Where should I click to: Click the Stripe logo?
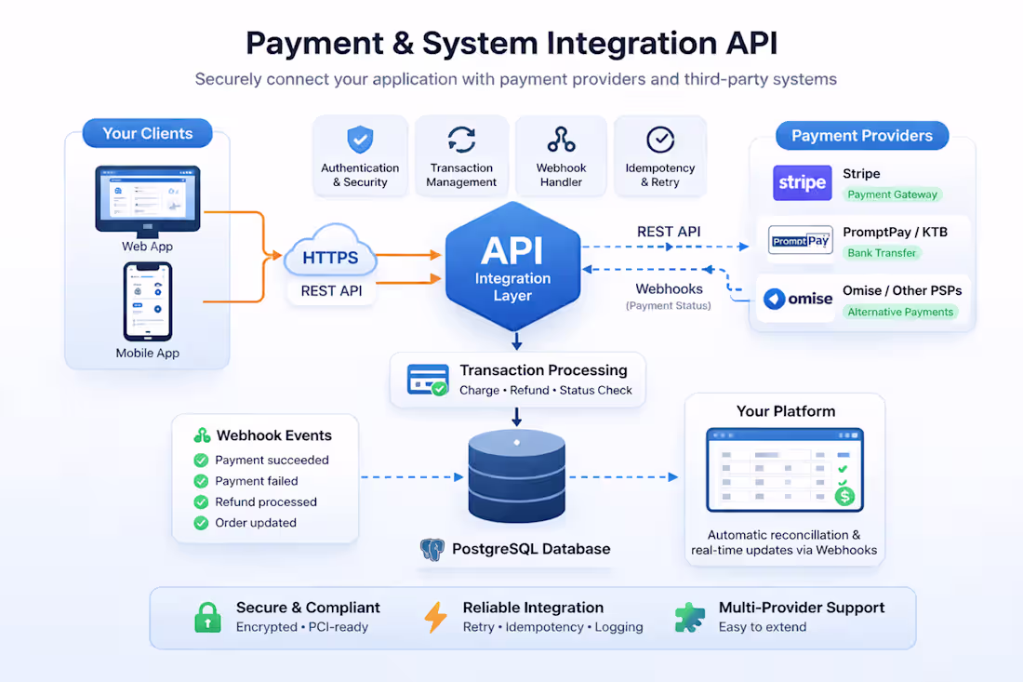(802, 182)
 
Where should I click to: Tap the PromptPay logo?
(801, 241)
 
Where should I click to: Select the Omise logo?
(798, 299)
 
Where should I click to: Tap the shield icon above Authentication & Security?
(360, 140)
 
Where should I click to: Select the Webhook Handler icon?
(561, 140)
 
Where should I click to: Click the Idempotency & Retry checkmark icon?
(660, 140)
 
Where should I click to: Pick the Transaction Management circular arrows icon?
(461, 140)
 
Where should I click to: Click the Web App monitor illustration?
(148, 199)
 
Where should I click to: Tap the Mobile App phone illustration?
(148, 301)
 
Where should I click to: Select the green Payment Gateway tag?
(892, 194)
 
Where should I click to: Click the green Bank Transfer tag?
(882, 252)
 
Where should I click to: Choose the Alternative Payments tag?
(900, 312)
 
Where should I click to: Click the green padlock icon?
(207, 617)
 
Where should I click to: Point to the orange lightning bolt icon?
(435, 617)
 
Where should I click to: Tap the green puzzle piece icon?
(689, 617)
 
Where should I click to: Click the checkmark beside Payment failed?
(201, 481)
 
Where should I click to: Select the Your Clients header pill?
(147, 133)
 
